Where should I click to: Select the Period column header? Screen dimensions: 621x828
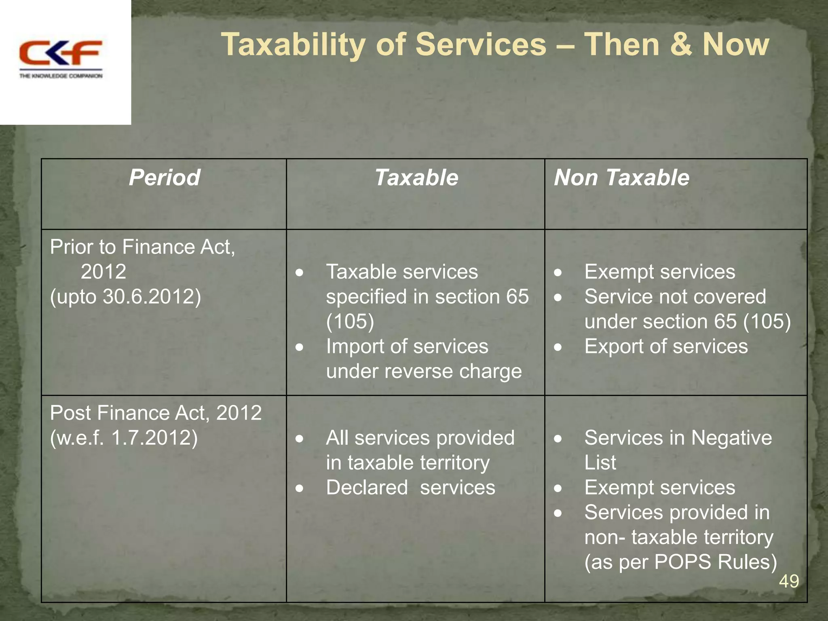pyautogui.click(x=164, y=177)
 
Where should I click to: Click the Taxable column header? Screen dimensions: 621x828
pyautogui.click(x=416, y=177)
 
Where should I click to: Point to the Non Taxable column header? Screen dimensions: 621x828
pyautogui.click(x=621, y=177)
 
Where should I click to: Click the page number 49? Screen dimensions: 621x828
pyautogui.click(x=789, y=581)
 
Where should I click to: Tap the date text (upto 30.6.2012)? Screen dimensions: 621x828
pyautogui.click(x=125, y=297)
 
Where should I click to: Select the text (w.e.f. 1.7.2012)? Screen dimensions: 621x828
pyautogui.click(x=124, y=438)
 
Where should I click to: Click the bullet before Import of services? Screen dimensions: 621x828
pyautogui.click(x=299, y=347)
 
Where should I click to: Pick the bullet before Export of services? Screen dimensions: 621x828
pyautogui.click(x=558, y=347)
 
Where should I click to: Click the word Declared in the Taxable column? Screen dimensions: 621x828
pyautogui.click(x=367, y=488)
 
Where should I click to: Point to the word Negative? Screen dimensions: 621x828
pyautogui.click(x=731, y=438)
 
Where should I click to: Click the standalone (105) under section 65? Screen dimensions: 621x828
pyautogui.click(x=350, y=322)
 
